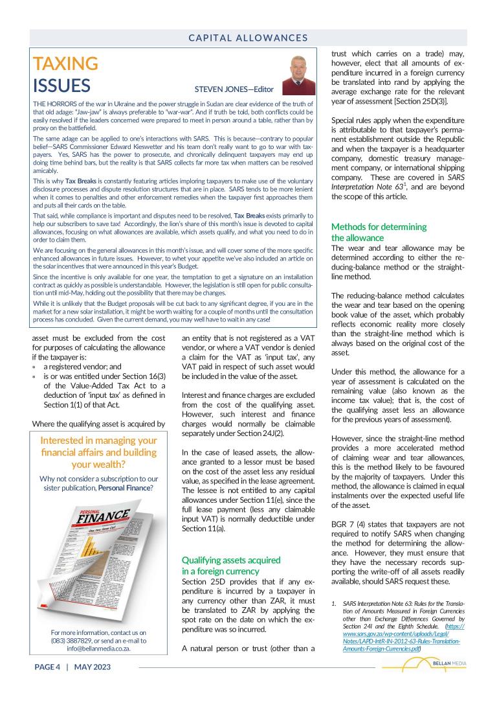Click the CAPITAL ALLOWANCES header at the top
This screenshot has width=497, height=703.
pyautogui.click(x=248, y=38)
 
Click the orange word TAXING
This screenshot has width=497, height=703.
pyautogui.click(x=65, y=63)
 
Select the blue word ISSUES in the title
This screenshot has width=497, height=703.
pyautogui.click(x=61, y=86)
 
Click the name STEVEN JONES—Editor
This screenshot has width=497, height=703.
pyautogui.click(x=234, y=89)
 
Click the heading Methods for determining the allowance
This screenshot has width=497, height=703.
pyautogui.click(x=379, y=233)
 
